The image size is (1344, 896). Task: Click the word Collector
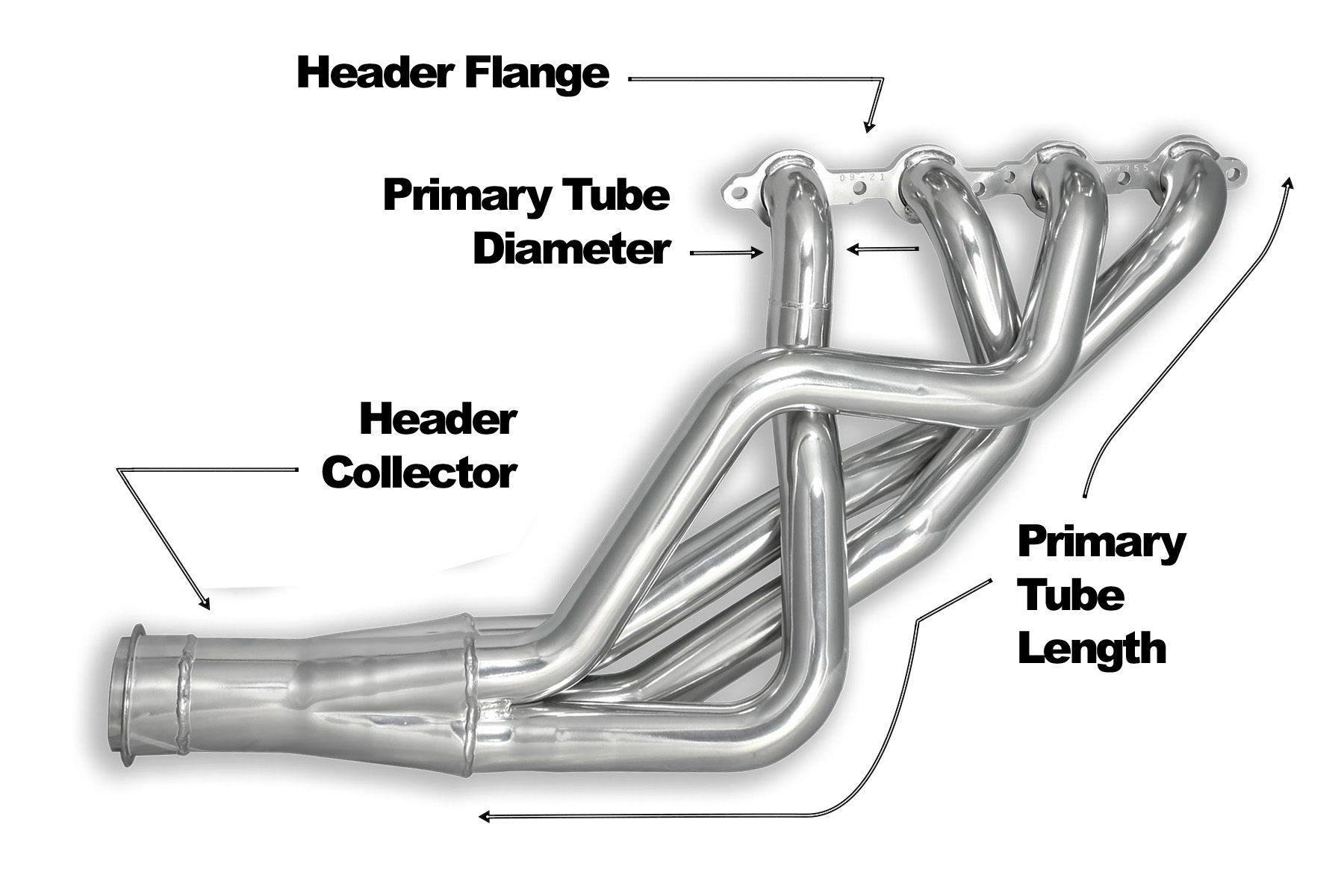tap(419, 473)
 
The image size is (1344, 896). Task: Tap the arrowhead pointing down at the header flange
tap(868, 127)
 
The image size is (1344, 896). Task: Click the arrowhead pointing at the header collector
tap(204, 602)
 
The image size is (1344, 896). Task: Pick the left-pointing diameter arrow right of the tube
tap(883, 249)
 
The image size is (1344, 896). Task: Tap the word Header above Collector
tap(438, 420)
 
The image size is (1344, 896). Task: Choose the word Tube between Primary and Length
tap(1071, 596)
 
